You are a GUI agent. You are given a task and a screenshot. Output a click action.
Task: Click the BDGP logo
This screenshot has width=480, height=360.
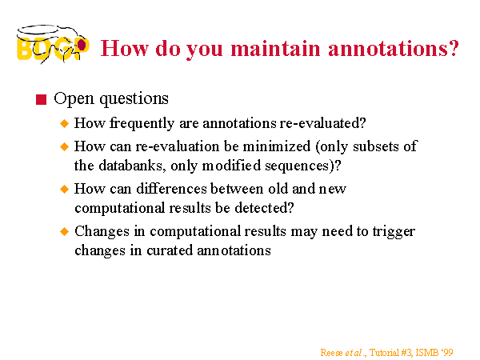click(53, 44)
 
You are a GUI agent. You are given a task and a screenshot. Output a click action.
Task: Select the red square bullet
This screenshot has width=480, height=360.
click(41, 99)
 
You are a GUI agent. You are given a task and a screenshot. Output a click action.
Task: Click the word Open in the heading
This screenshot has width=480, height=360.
click(74, 99)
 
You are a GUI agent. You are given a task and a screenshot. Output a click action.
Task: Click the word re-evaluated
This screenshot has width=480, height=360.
click(322, 123)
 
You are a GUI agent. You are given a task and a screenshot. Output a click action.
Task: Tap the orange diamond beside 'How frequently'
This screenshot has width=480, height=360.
click(64, 124)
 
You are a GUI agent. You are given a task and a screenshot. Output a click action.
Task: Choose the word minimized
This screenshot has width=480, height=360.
click(277, 146)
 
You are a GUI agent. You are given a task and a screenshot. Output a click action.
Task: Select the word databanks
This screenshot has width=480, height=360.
click(132, 166)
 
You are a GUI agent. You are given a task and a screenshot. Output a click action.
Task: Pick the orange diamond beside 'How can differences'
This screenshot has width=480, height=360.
click(64, 189)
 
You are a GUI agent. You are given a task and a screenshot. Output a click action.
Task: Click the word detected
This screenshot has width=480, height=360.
click(264, 208)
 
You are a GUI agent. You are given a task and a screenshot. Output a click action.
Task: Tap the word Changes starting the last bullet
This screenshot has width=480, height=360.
click(102, 232)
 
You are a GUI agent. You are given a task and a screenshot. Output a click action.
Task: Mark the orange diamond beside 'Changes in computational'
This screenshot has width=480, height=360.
click(64, 231)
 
